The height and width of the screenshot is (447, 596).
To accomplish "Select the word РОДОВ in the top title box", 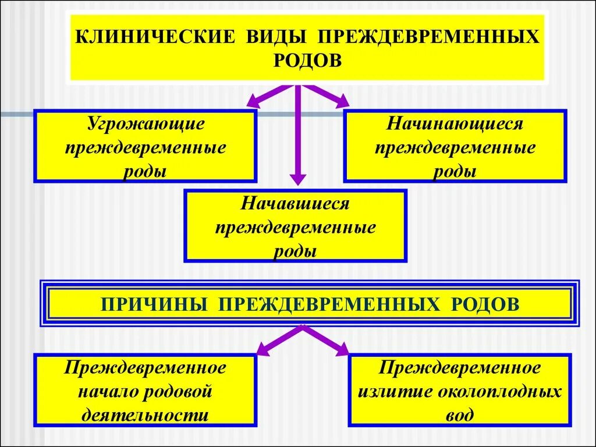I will coord(307,60).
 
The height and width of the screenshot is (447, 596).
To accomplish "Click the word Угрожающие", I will coord(146,124).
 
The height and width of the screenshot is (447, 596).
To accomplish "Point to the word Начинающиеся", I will coord(455,124).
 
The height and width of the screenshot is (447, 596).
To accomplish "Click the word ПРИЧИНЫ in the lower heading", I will coord(157,304).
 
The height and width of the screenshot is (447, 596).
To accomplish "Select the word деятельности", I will coord(145,416).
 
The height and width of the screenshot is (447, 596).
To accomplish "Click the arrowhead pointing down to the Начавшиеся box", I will coord(298,178).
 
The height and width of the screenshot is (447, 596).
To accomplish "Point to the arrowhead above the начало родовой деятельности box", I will coord(264,350).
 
